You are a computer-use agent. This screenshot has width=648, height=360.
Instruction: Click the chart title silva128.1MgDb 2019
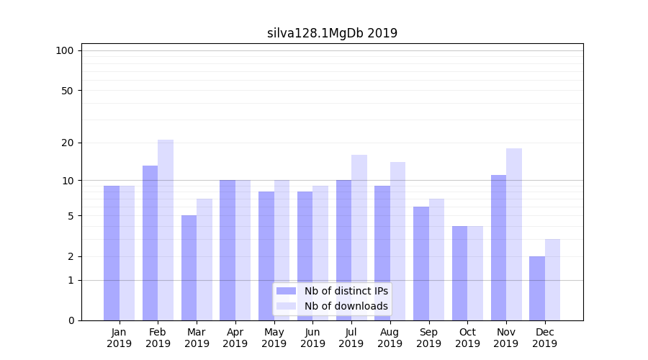(x=332, y=33)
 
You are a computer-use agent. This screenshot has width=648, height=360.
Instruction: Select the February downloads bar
(x=166, y=230)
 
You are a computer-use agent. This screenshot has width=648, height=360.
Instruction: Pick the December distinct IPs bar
(x=537, y=288)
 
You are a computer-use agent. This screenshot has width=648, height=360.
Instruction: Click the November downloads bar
(x=514, y=234)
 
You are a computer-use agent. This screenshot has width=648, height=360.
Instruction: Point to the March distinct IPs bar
(x=189, y=268)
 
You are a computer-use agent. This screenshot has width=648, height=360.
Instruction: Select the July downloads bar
(x=359, y=238)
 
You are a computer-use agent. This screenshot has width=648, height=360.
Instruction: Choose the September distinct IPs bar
(x=421, y=264)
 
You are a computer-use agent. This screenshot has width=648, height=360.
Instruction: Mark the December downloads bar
(x=552, y=279)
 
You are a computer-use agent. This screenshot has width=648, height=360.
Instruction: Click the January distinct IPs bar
(x=112, y=253)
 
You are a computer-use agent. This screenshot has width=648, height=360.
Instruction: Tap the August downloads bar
(x=397, y=241)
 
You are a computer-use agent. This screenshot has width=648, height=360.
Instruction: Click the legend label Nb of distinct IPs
(x=346, y=291)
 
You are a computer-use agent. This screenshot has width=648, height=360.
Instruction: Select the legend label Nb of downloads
(x=346, y=306)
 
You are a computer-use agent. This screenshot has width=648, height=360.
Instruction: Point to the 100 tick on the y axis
(x=65, y=50)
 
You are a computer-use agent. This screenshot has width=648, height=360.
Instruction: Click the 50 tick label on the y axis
(x=67, y=91)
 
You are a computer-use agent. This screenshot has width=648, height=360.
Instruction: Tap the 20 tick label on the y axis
(x=67, y=143)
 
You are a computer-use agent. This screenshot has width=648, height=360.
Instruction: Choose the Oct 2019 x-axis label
(x=467, y=338)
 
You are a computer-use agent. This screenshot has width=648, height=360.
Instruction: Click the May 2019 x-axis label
(x=274, y=338)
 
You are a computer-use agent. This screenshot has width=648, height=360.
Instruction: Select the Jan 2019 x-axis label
(x=119, y=338)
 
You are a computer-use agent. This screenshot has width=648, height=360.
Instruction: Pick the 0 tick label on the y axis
(x=71, y=320)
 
